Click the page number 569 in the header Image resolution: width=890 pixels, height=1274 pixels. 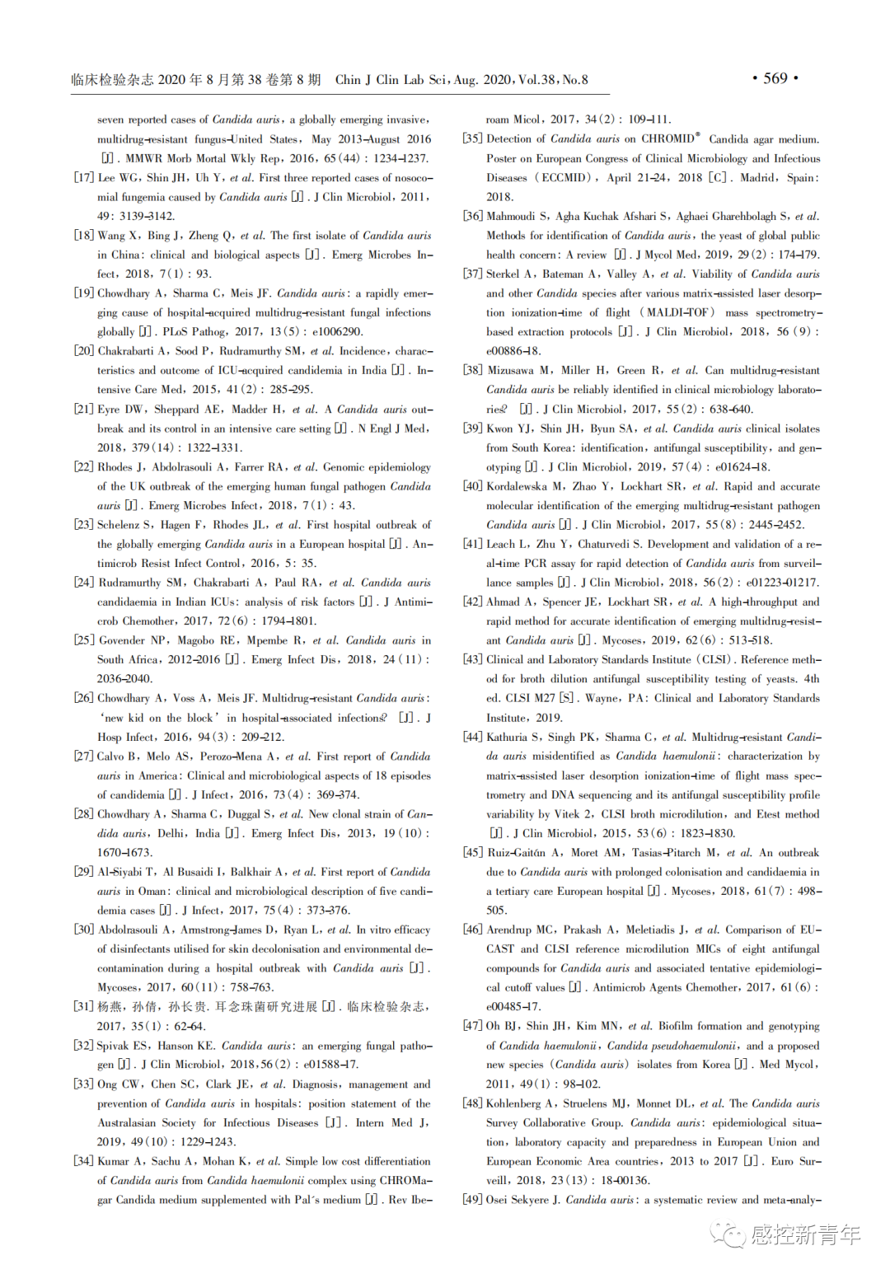pos(775,78)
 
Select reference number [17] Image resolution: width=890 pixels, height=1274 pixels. pos(83,178)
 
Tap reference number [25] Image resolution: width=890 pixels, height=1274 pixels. pos(83,640)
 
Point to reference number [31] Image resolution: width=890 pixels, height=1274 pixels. pos(83,1007)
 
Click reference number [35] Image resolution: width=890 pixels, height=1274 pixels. pos(472,139)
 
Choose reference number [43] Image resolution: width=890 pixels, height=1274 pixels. pos(472,660)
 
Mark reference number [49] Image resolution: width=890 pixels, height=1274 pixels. pos(472,1200)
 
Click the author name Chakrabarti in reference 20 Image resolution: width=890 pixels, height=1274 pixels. pos(125,351)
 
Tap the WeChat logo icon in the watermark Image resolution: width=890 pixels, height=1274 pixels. pos(727,1233)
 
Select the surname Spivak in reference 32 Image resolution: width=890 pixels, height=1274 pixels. pos(113,1046)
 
